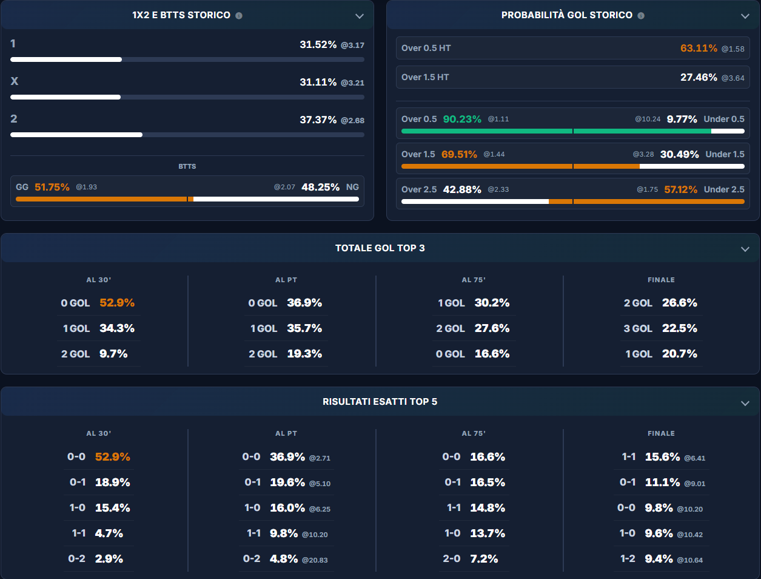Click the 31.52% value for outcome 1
[318, 44]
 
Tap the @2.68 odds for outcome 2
[352, 120]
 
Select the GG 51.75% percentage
[52, 187]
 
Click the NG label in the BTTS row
[352, 187]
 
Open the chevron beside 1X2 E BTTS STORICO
[360, 16]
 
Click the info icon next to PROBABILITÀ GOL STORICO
[641, 15]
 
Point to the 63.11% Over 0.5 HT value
[699, 48]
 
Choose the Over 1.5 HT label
[425, 77]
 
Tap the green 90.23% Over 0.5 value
[462, 119]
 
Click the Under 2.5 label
[724, 189]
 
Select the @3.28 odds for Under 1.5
[643, 154]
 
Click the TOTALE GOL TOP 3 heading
[380, 248]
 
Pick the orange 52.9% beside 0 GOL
[117, 303]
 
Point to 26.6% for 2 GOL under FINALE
[679, 303]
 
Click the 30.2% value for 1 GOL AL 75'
[492, 303]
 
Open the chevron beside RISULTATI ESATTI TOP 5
[745, 403]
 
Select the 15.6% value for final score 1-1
[662, 457]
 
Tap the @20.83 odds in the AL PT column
[315, 560]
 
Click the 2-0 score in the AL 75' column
[452, 559]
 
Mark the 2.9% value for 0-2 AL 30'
[109, 559]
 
